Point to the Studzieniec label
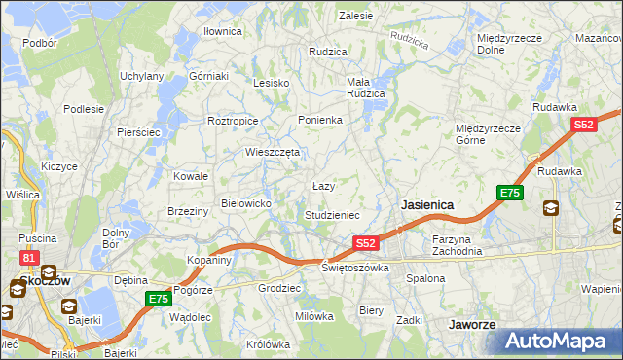333,214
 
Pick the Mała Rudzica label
366,88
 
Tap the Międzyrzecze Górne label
490,133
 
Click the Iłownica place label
222,32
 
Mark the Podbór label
39,43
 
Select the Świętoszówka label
356,267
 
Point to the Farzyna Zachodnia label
458,244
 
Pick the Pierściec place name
137,131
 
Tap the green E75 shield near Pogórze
159,299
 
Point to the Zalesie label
355,16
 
